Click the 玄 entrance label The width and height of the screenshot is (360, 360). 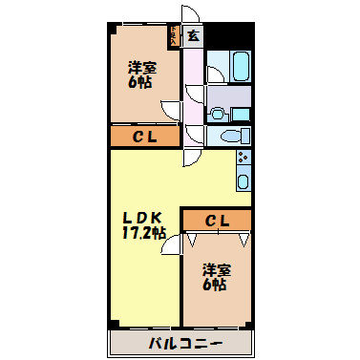(193, 36)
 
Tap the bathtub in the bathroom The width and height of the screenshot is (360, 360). (239, 68)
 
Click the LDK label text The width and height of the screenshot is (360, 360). (144, 216)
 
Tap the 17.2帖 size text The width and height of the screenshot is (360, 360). (144, 232)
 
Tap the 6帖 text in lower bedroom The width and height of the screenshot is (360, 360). (216, 285)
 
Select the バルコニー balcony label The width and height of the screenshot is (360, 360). (185, 343)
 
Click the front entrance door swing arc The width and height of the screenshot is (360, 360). (192, 15)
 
